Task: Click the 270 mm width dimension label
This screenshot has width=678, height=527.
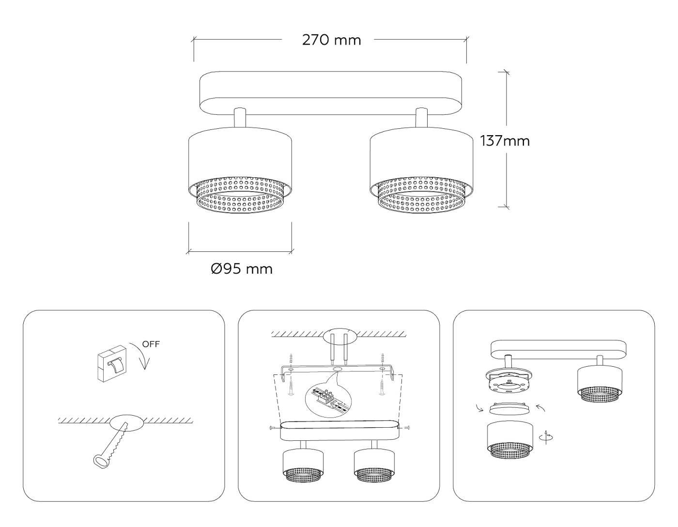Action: tap(331, 40)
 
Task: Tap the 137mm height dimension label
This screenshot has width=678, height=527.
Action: tap(505, 141)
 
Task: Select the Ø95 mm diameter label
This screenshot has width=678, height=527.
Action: tap(242, 268)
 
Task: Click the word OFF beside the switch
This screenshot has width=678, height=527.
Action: tap(151, 344)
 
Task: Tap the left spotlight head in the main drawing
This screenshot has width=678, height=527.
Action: tap(240, 170)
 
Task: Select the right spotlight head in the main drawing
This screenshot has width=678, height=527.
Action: tap(421, 170)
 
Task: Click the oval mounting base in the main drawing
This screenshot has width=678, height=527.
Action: tap(331, 93)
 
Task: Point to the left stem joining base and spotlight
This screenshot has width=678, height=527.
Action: tap(240, 118)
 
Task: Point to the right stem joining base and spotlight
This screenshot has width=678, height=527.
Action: tap(421, 118)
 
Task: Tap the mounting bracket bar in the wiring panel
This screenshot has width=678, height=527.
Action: tap(339, 371)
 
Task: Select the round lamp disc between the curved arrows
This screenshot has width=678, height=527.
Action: tap(509, 408)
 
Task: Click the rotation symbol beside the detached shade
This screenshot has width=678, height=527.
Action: tap(546, 437)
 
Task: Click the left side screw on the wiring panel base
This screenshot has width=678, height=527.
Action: tap(274, 428)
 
